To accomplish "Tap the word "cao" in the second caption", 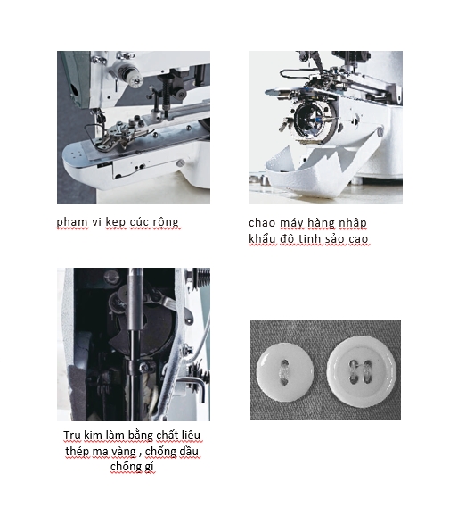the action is tap(358, 239).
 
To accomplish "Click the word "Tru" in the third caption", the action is tap(72, 436).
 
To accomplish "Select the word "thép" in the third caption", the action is tap(77, 452).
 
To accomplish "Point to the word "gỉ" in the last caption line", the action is tap(149, 467).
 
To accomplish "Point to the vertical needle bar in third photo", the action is tap(135, 345).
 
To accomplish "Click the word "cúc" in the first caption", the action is tap(139, 222).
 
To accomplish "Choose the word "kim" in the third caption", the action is tap(93, 436).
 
